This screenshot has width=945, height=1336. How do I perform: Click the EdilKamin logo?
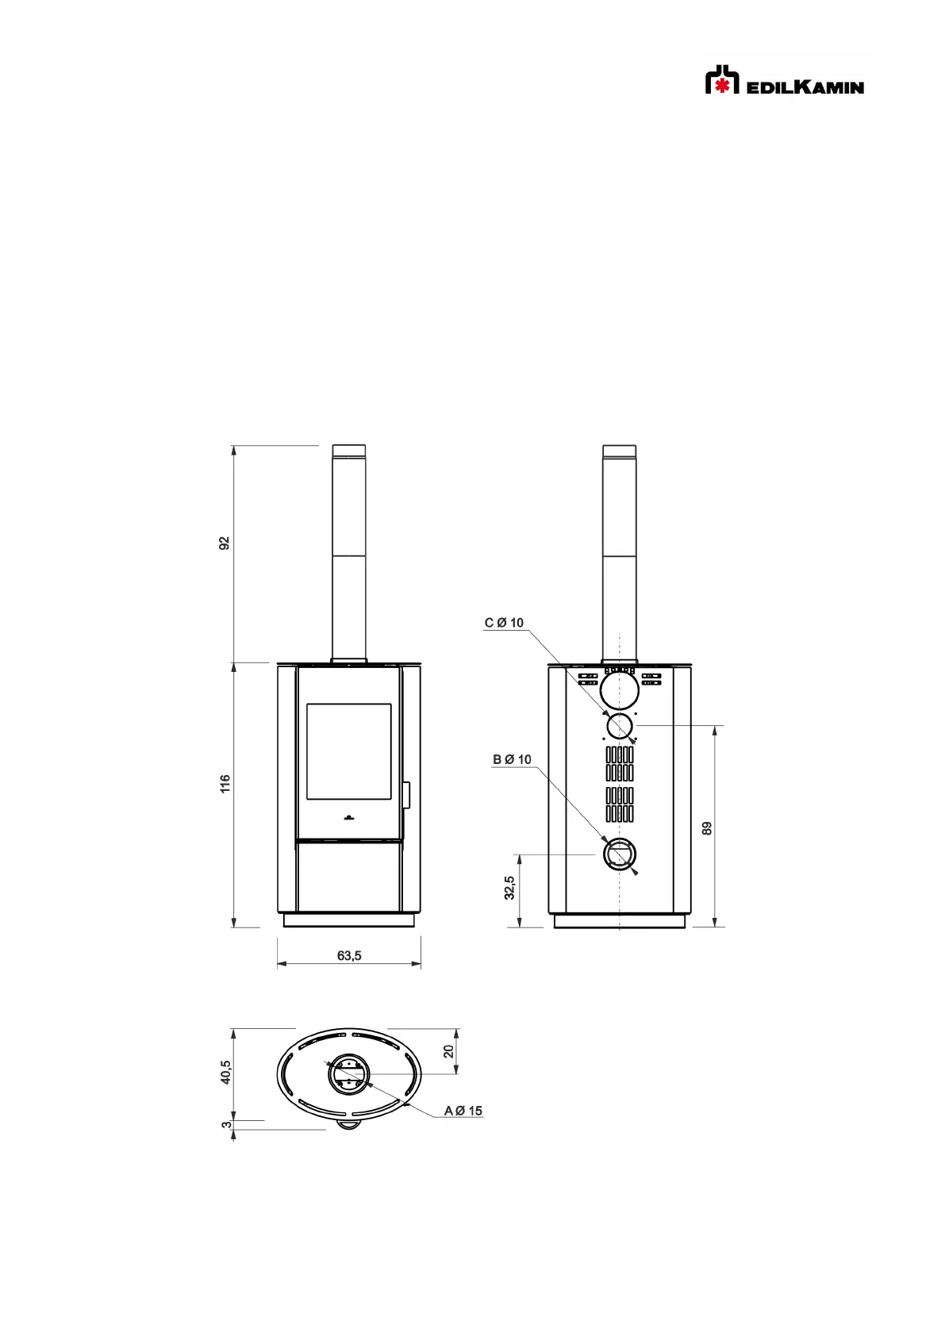pos(785,79)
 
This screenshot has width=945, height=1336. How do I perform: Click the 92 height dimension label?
pos(225,543)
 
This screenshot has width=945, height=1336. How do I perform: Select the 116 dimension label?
pos(225,784)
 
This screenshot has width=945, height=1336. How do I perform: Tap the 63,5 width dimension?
pos(349,955)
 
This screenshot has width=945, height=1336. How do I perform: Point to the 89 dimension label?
pos(707,828)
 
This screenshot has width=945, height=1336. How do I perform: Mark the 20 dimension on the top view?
pos(448,1051)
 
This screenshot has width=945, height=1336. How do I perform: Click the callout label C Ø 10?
pos(504,623)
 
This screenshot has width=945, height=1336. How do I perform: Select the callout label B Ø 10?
pos(512,759)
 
